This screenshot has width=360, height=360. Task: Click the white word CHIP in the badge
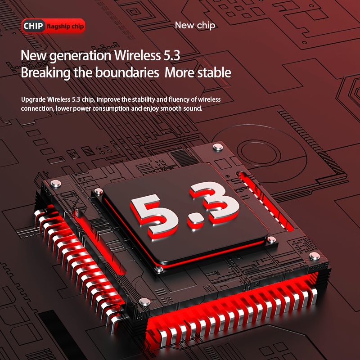tap(33, 26)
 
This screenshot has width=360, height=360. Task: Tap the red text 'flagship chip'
tap(65, 27)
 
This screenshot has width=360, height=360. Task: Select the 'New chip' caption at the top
tap(195, 25)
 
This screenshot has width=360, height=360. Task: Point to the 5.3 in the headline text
tap(171, 55)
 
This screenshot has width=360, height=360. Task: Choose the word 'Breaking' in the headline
tap(45, 73)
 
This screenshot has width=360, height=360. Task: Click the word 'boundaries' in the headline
tap(127, 72)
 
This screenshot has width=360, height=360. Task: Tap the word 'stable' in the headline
tap(214, 72)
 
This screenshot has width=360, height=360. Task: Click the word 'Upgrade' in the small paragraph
tap(33, 99)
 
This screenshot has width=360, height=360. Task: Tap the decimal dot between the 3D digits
tap(196, 221)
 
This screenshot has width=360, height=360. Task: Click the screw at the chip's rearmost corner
tap(218, 147)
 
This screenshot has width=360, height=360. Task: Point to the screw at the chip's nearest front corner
tap(145, 301)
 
